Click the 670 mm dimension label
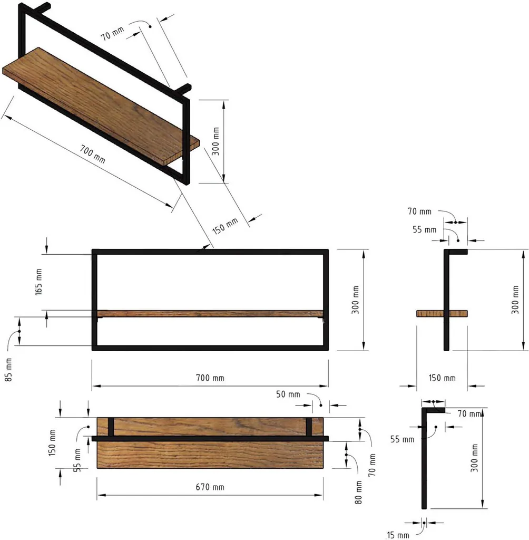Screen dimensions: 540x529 [x=210, y=487]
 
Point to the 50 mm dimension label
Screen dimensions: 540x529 [x=288, y=394]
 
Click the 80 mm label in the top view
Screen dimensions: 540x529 [x=358, y=491]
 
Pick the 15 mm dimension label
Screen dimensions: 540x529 [x=398, y=535]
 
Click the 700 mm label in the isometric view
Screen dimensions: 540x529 [x=92, y=152]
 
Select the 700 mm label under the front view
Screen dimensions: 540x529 [x=210, y=378]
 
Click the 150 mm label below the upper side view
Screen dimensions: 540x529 [x=442, y=378]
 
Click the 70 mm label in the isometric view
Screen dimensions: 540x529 [x=113, y=34]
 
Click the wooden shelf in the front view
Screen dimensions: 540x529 [x=210, y=314]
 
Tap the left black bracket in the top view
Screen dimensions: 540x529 [x=111, y=427]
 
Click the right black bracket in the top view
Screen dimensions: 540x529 [x=309, y=427]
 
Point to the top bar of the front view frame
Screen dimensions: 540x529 [x=210, y=252]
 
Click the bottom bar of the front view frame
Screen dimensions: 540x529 [x=210, y=348]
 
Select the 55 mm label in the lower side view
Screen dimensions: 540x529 [x=402, y=438]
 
